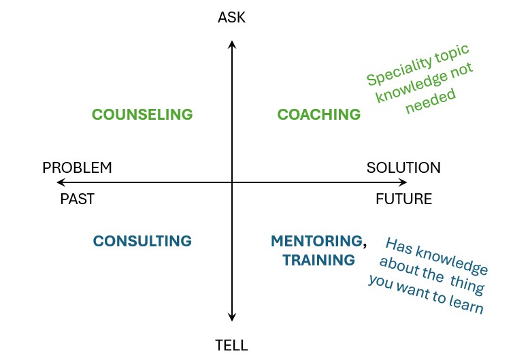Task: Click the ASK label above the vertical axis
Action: click(x=231, y=18)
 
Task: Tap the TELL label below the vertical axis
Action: click(x=231, y=345)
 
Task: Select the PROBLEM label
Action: click(x=77, y=167)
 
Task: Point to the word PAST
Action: click(x=77, y=199)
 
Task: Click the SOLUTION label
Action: click(x=403, y=167)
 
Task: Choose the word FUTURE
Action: click(x=403, y=199)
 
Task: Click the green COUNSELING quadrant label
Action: click(x=142, y=114)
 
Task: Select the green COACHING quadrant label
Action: click(x=318, y=114)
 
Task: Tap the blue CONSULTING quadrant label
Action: click(x=142, y=241)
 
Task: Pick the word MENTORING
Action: click(x=316, y=241)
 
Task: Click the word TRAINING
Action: click(x=318, y=260)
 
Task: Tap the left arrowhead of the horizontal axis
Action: click(x=61, y=182)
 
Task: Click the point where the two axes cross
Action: click(x=231, y=182)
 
